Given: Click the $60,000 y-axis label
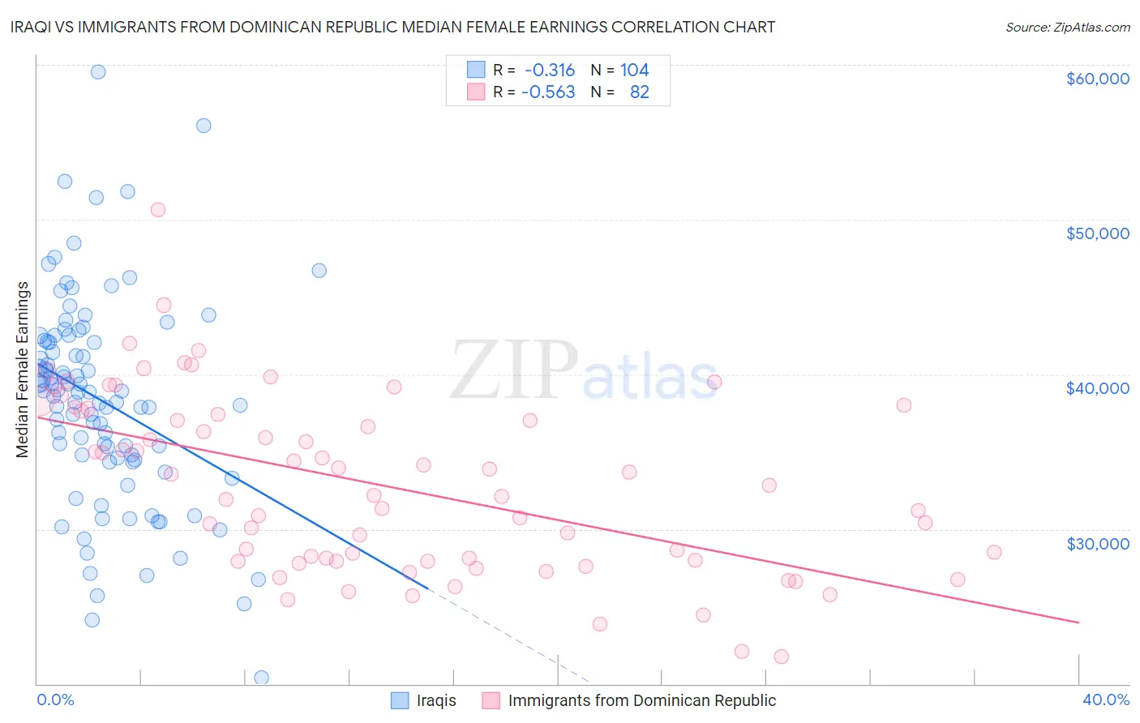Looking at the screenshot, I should (1097, 79).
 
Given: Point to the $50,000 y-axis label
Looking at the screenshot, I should (1097, 233).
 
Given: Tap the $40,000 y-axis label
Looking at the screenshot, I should (1097, 388).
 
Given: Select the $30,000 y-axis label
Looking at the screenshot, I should (1097, 543).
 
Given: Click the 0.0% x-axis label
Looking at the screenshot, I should (55, 699).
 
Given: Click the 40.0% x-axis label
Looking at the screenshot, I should (1105, 699).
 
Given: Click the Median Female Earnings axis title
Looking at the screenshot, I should (23, 370).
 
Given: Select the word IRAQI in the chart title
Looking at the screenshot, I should (32, 27).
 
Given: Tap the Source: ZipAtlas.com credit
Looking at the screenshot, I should (1067, 28).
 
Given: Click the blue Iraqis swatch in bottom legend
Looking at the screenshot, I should (400, 700).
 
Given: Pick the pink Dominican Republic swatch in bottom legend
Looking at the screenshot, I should (491, 700).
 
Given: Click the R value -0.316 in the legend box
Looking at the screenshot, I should (549, 71).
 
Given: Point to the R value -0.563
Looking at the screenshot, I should (548, 92).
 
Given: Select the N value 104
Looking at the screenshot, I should (634, 71).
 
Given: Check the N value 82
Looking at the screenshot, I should (639, 92).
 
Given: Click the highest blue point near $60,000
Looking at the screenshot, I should (98, 72).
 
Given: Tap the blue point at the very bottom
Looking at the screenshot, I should (261, 678).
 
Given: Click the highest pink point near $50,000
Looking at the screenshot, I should (158, 210).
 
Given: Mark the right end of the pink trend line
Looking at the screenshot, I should (1078, 622).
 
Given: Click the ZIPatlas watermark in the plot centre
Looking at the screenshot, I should (584, 371).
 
